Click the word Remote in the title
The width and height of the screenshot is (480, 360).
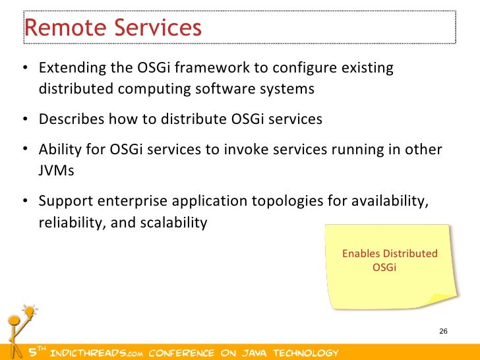click(65, 27)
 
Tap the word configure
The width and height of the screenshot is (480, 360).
click(305, 69)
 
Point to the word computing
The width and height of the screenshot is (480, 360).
click(154, 90)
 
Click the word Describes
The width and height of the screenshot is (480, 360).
click(71, 119)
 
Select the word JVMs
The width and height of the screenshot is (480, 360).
click(56, 171)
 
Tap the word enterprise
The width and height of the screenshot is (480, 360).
click(133, 202)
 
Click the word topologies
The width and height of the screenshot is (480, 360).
click(287, 202)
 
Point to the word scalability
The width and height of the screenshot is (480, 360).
click(173, 223)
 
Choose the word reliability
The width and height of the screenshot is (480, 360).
click(73, 223)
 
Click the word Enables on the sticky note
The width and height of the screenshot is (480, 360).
click(361, 253)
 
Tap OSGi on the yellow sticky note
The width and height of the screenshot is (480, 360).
click(384, 267)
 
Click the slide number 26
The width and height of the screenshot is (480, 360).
click(443, 331)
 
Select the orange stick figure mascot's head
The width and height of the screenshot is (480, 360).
click(14, 321)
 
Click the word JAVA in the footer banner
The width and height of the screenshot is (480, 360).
click(254, 353)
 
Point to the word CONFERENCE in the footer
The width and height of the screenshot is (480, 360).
click(181, 353)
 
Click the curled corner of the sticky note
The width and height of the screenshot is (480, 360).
click(441, 299)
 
